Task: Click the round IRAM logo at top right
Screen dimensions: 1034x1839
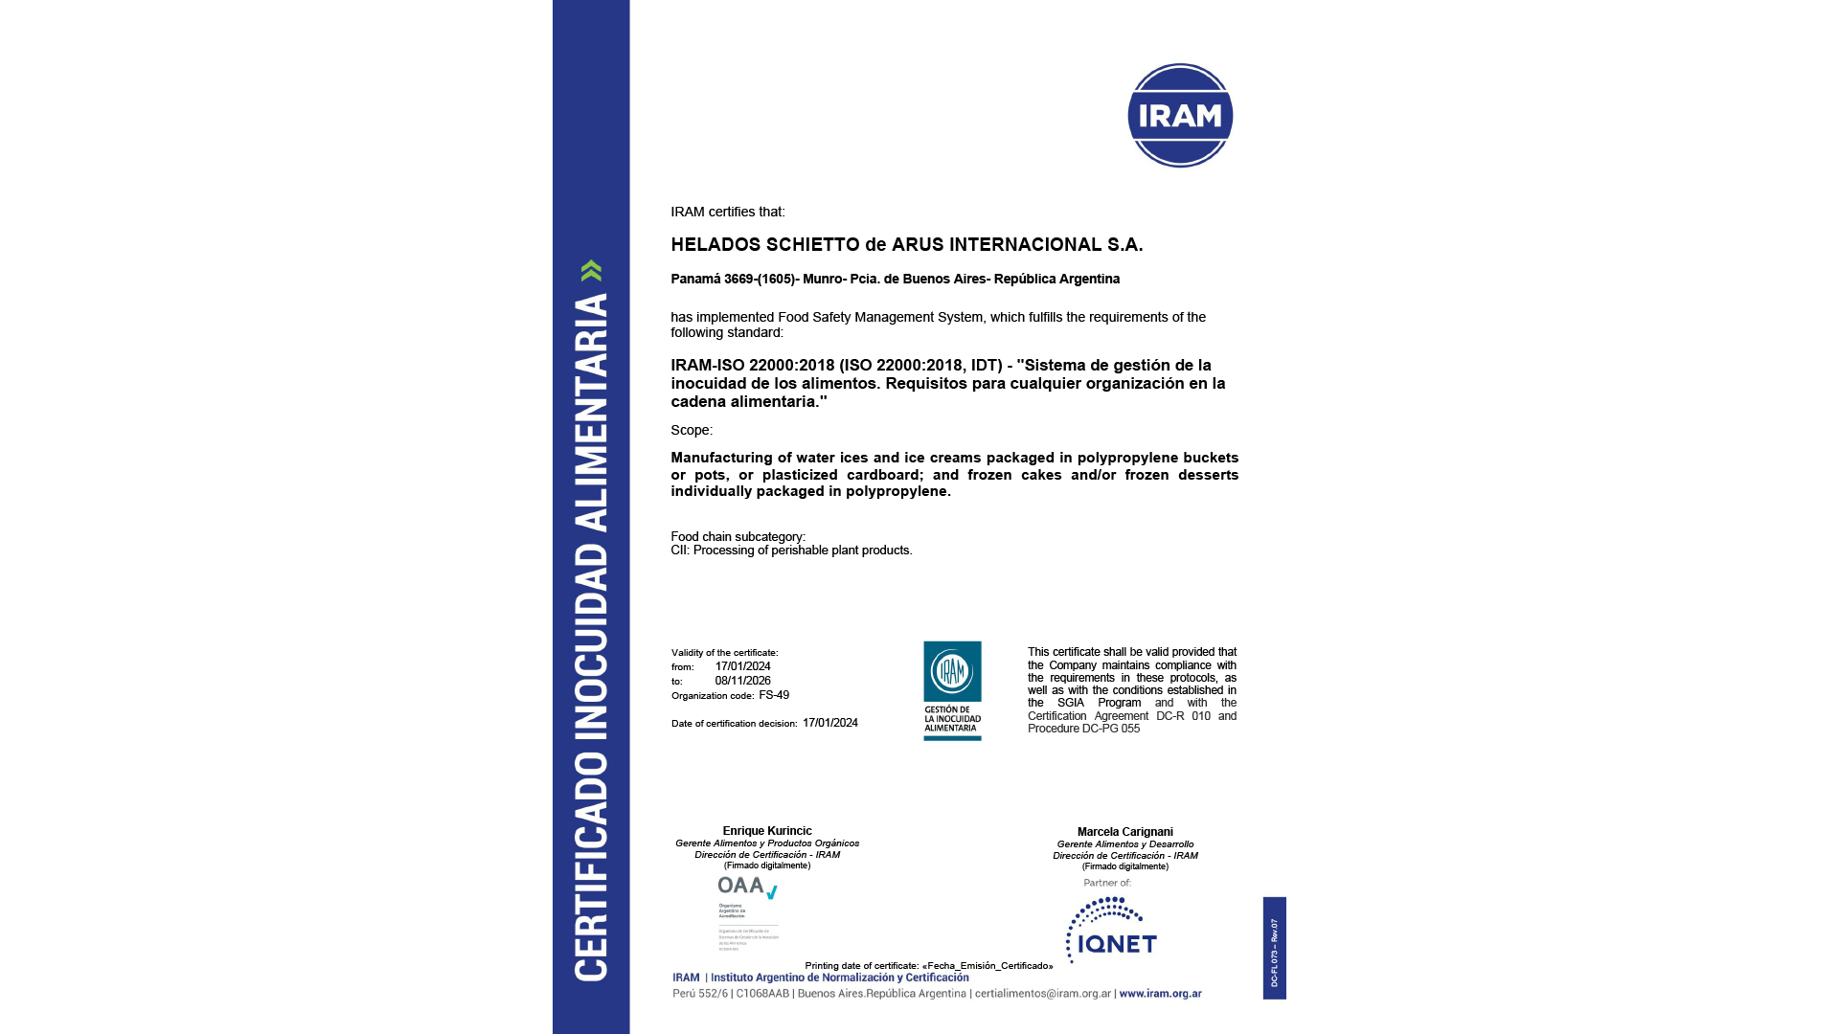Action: point(1180,116)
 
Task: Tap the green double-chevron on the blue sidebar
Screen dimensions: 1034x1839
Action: point(591,271)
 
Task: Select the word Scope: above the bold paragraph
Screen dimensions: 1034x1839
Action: point(692,431)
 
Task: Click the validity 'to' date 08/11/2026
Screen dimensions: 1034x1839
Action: point(742,681)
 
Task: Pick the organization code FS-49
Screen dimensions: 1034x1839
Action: point(774,695)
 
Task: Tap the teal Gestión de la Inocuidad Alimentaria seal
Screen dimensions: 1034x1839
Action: point(952,690)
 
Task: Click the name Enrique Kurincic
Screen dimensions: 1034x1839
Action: point(767,831)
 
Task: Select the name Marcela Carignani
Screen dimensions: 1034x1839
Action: point(1124,832)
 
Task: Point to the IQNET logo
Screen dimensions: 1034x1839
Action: point(1111,932)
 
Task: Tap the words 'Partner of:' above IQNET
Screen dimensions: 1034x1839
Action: point(1107,883)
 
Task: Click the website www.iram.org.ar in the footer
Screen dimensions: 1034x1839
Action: point(1160,994)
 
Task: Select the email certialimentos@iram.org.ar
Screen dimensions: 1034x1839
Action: point(1043,994)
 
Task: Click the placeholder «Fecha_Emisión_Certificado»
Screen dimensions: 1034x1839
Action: point(988,966)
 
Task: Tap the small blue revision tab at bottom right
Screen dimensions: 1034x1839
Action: point(1274,948)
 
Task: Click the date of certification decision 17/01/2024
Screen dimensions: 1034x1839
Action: point(830,723)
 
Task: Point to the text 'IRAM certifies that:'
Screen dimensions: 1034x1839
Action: point(728,213)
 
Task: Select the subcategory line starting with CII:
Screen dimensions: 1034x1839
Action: point(791,551)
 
